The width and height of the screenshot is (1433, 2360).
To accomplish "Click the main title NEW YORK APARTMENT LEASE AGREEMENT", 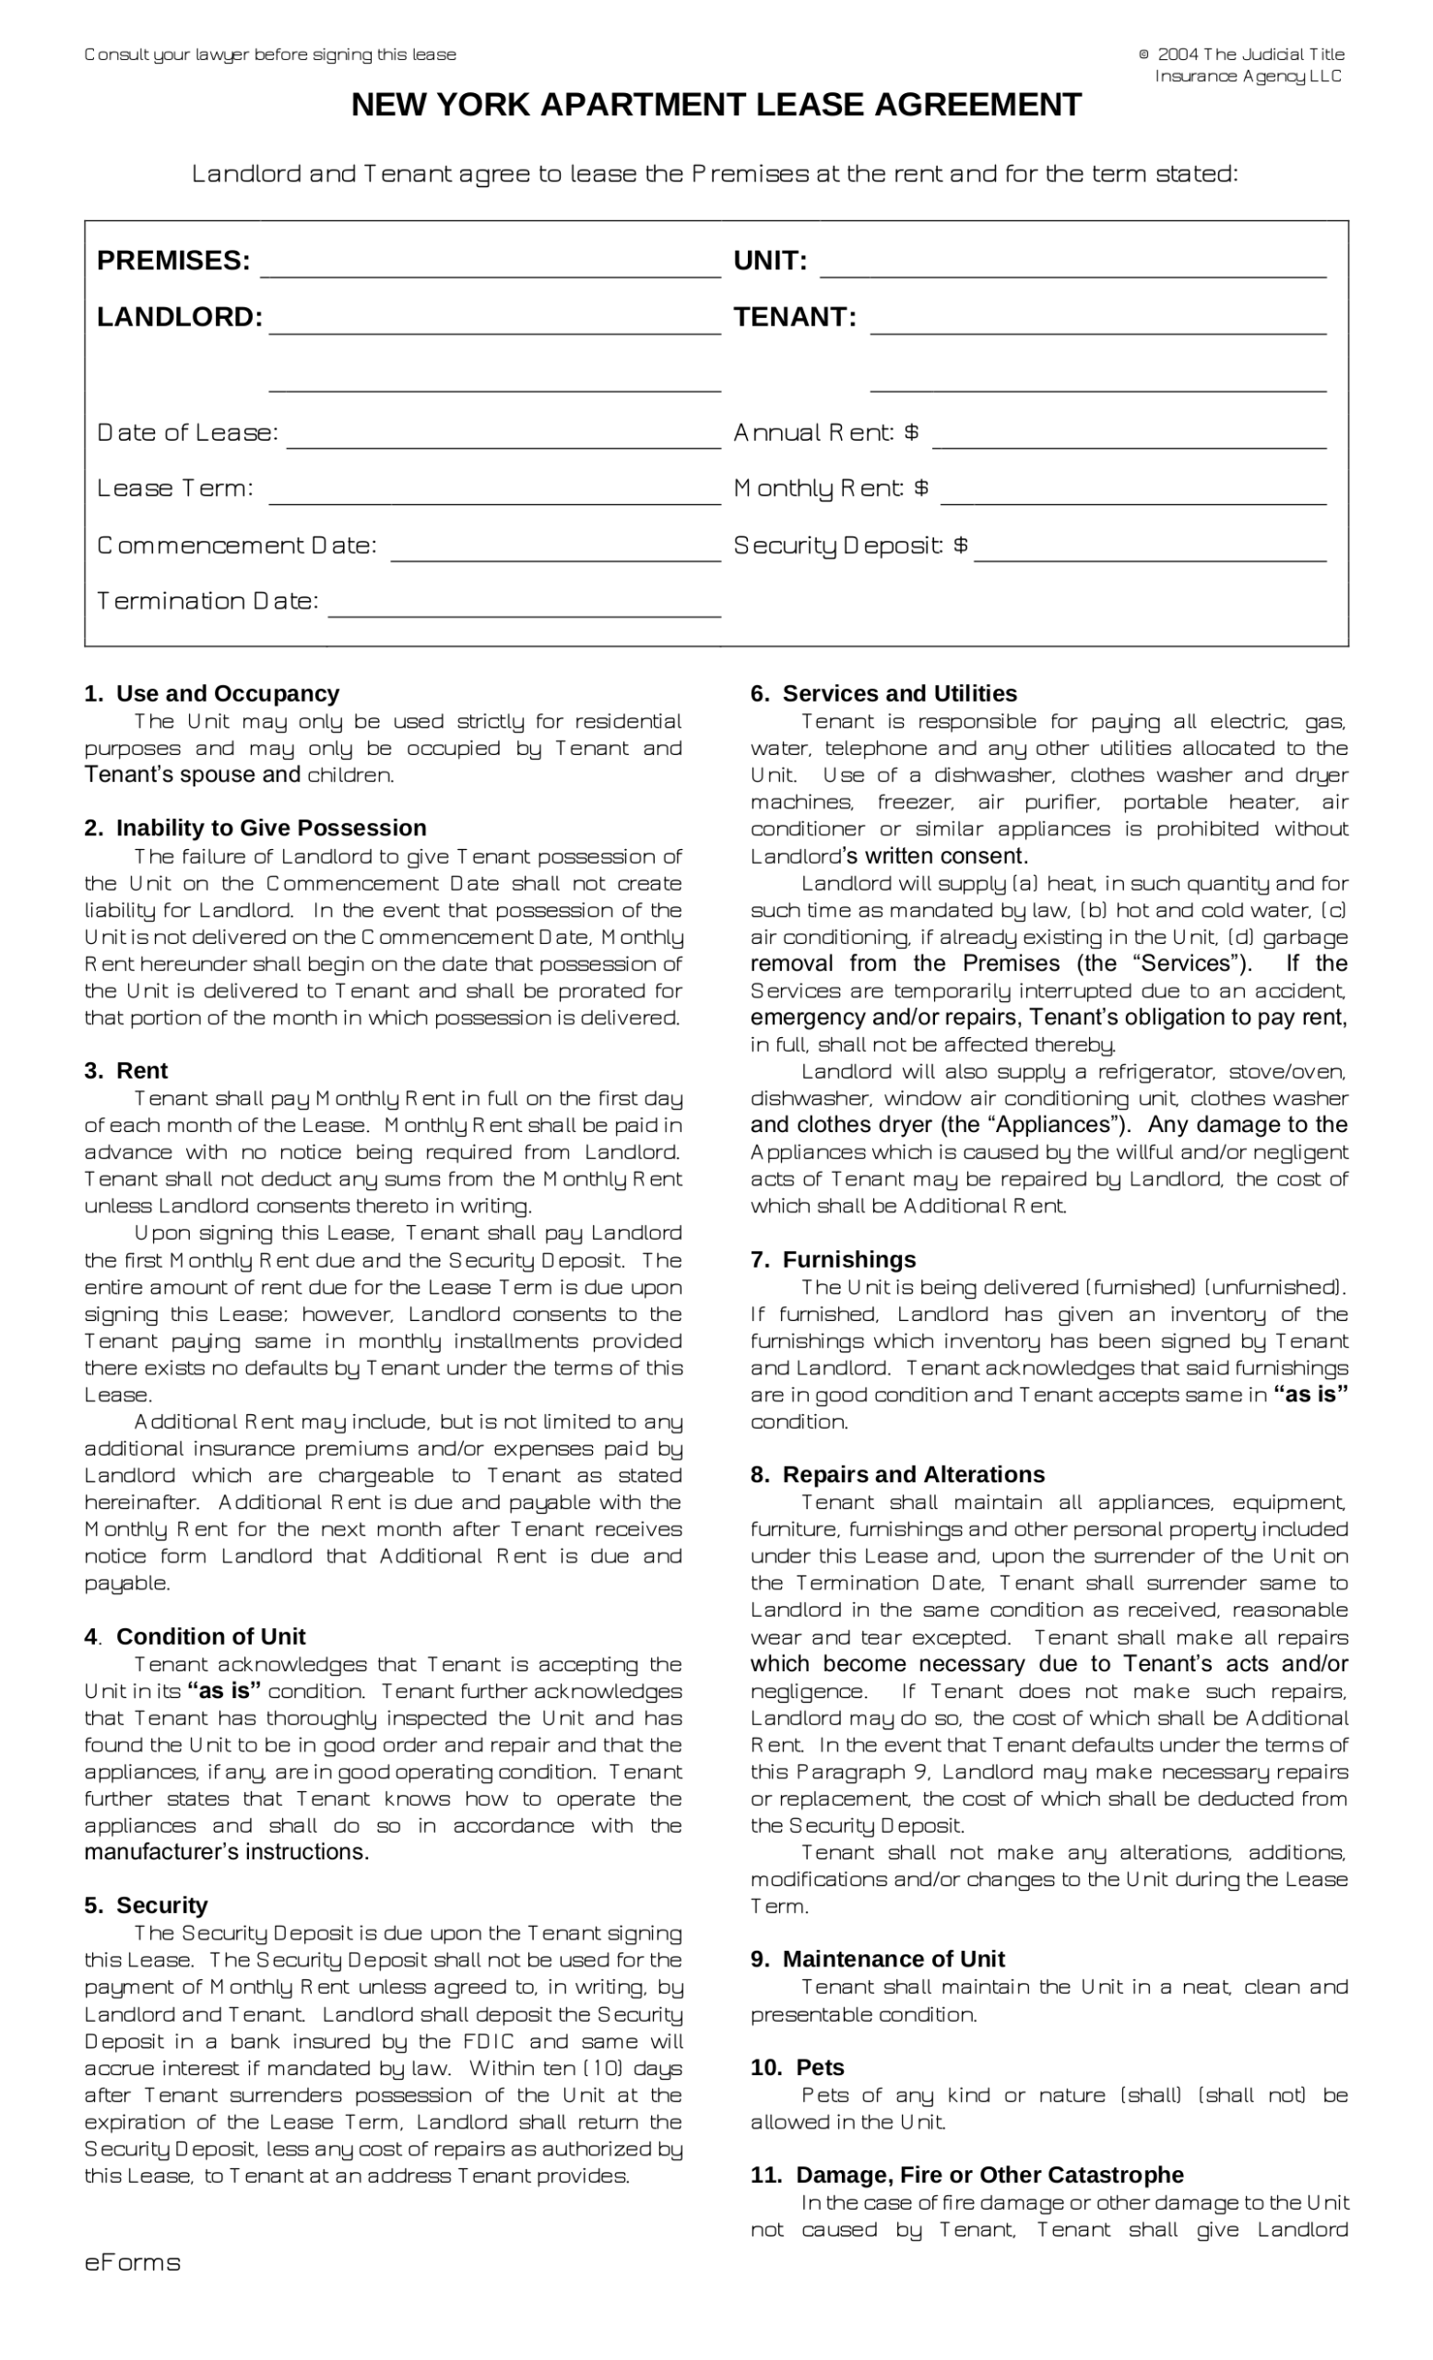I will coord(716,104).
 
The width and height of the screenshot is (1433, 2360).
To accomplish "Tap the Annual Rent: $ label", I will coord(825,433).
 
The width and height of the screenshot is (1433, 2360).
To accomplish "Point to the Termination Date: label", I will coord(207,601).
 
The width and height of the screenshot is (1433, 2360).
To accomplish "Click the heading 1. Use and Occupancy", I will coord(212,693).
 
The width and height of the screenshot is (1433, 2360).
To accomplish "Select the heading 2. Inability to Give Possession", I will coord(255,828).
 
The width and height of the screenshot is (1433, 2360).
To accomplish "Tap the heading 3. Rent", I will coord(125,1071).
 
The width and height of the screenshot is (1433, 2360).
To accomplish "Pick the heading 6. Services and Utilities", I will coord(883,693).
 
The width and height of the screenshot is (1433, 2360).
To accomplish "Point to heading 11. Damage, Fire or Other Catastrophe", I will coord(966,2174).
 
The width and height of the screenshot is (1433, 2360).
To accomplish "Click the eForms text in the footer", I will coord(132,2262).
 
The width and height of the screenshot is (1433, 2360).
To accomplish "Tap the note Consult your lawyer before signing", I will coord(270,54).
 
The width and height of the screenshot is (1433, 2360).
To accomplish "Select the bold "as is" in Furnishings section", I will coord(1309,1395).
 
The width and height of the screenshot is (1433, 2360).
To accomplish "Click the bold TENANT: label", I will coord(794,317).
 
